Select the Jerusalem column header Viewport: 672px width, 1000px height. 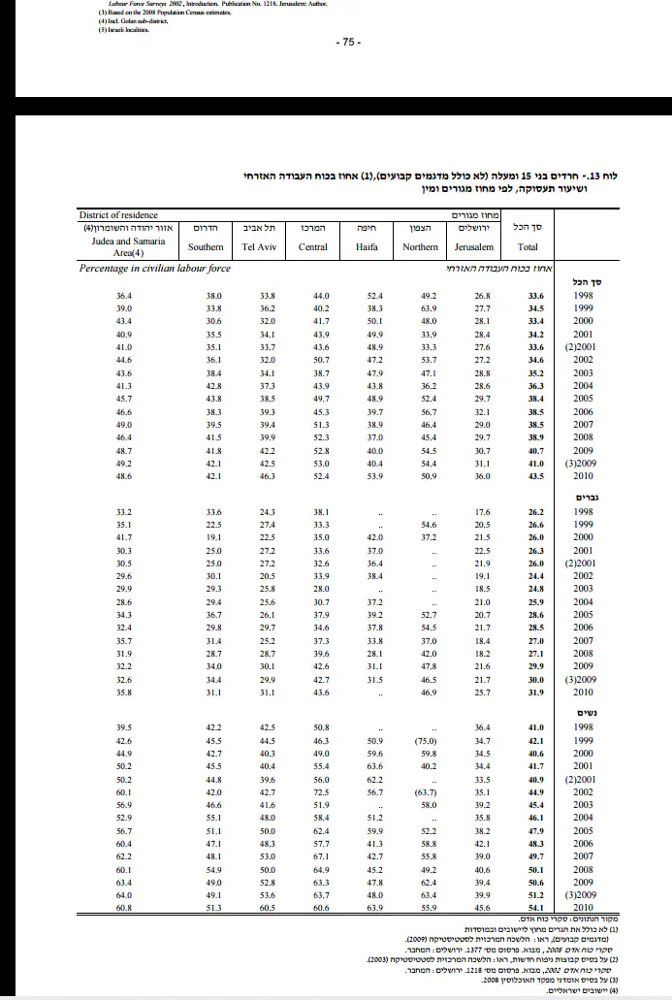pos(475,247)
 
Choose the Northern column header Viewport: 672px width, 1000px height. pos(420,247)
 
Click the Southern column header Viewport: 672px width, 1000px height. pos(206,247)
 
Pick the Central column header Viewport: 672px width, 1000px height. pos(313,247)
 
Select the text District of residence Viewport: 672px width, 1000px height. pos(118,214)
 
